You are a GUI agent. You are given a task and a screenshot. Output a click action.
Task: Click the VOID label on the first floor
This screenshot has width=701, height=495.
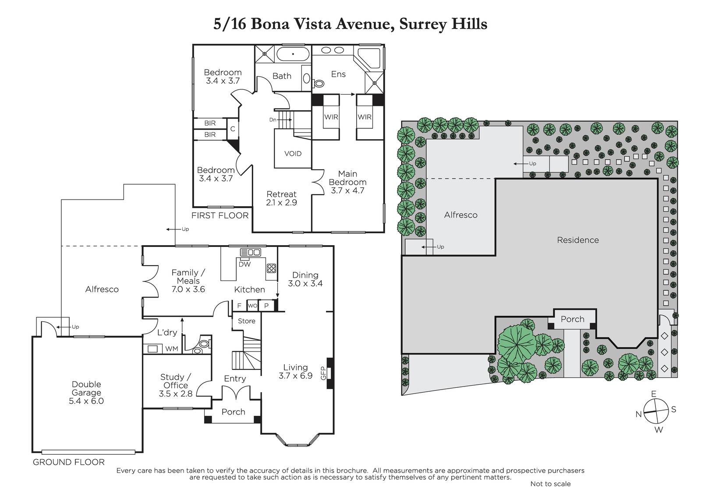pos(293,154)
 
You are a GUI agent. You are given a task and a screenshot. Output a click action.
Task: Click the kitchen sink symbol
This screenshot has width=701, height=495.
pos(250,252)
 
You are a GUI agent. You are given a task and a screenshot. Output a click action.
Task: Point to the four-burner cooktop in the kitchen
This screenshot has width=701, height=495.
pos(271,268)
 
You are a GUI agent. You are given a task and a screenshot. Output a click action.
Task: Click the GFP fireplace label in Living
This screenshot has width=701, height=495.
pos(323,373)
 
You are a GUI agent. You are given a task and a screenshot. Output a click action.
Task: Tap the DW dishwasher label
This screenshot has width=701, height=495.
pos(244,264)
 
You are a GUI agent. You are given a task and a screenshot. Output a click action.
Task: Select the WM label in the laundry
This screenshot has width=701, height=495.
pos(171,349)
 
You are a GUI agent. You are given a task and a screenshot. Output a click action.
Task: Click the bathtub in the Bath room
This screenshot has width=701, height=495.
pos(293,54)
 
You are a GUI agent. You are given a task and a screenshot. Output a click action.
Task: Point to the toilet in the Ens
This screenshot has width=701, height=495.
pos(318,83)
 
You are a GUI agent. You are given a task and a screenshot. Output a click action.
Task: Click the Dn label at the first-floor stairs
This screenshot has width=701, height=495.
pos(272,120)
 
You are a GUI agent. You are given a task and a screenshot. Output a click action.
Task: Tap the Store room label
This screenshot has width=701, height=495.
pos(246,321)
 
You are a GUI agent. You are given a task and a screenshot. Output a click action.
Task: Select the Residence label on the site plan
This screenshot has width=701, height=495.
pos(578,240)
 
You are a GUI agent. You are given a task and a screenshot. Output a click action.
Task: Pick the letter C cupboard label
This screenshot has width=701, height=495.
pos(233,129)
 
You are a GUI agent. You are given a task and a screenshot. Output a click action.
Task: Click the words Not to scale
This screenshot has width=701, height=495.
pos(550,484)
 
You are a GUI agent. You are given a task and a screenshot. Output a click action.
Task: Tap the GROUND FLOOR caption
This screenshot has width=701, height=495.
pos(68,462)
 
